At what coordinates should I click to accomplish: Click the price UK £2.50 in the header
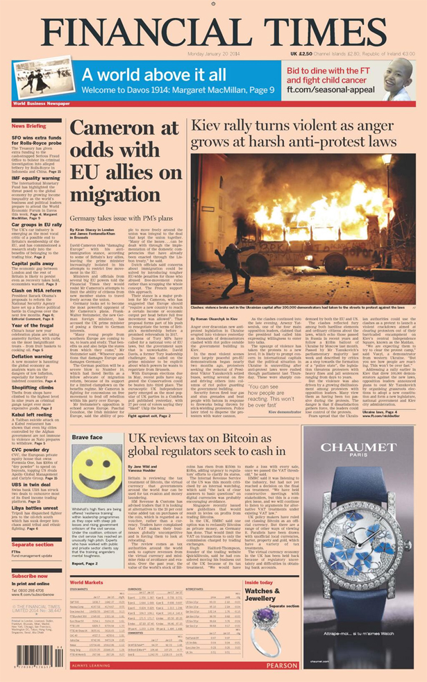(301, 53)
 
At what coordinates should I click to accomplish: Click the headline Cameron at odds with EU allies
(124, 160)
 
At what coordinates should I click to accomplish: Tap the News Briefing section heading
(29, 126)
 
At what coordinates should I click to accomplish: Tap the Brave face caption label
(87, 438)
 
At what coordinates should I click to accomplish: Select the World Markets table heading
(87, 582)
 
